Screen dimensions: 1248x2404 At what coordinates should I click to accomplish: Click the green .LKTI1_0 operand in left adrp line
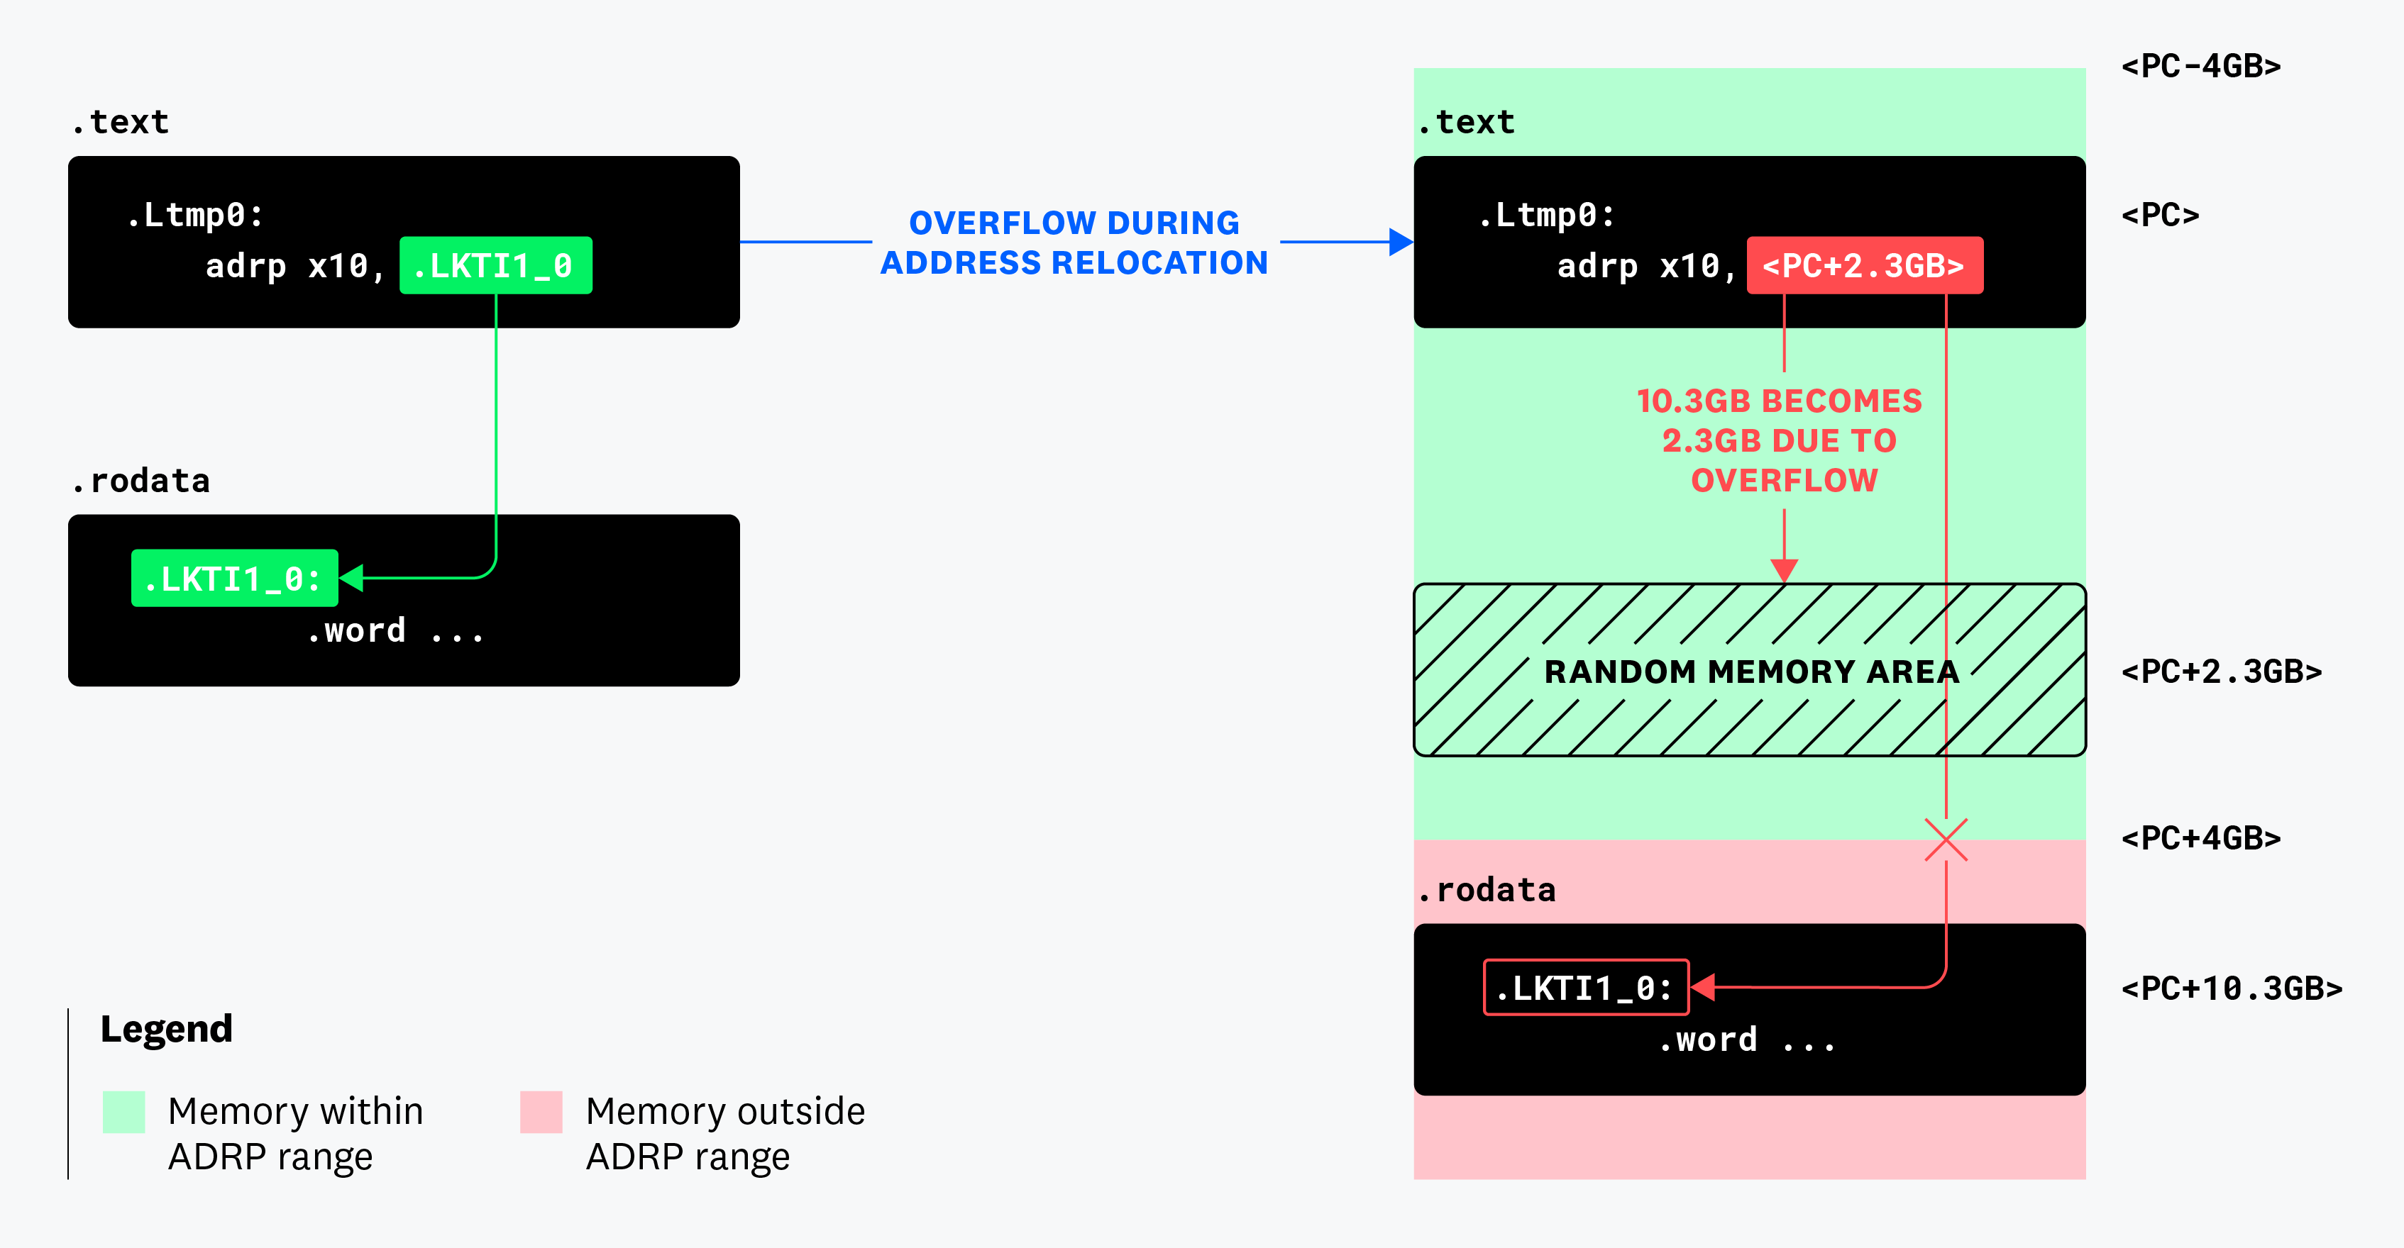point(495,266)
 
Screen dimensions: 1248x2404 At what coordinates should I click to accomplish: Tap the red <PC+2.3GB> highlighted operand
point(1863,266)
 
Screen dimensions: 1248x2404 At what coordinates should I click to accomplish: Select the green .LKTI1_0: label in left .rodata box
point(234,579)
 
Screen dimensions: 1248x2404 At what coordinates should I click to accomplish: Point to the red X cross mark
point(1946,840)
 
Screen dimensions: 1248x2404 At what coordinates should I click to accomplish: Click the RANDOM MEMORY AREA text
point(1750,672)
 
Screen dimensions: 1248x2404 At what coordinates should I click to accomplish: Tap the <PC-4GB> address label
point(2200,66)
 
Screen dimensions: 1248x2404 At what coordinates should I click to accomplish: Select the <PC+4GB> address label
point(2200,837)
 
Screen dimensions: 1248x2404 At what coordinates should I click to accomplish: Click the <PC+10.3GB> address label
point(2232,988)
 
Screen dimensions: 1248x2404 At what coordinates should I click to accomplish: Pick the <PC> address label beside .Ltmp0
point(2159,216)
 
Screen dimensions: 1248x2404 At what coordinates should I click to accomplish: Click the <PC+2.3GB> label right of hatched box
point(2221,672)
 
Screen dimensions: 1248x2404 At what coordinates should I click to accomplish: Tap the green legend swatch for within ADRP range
point(124,1112)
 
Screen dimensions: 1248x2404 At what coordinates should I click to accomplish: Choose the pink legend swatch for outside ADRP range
point(541,1112)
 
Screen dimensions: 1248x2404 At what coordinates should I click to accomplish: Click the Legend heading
point(166,1029)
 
